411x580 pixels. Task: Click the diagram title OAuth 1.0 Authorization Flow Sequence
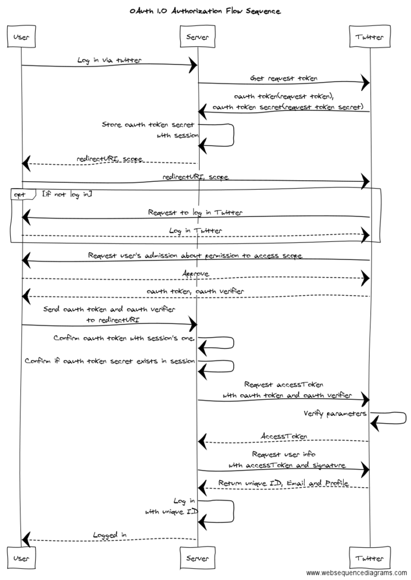(x=205, y=11)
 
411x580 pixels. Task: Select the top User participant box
(x=22, y=37)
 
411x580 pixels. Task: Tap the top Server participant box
(x=198, y=37)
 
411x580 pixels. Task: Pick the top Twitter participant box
(x=370, y=37)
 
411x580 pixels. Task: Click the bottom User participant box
(x=22, y=558)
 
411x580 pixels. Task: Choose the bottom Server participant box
(x=198, y=558)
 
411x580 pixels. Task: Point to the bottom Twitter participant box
(x=370, y=558)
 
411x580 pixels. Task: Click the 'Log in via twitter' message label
(x=110, y=59)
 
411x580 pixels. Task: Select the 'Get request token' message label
(x=284, y=78)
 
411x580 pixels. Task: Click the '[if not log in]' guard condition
(x=67, y=194)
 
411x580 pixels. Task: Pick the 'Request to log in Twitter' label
(x=195, y=212)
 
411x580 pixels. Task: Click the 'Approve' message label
(x=195, y=274)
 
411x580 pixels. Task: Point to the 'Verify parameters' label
(x=335, y=413)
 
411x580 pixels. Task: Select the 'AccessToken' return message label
(x=284, y=436)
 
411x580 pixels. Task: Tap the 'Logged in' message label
(x=110, y=534)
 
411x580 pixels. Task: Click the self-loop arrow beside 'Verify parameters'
(x=396, y=419)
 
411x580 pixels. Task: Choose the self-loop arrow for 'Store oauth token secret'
(x=224, y=136)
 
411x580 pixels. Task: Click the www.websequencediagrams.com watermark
(x=356, y=573)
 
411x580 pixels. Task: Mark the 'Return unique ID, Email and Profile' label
(x=284, y=483)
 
